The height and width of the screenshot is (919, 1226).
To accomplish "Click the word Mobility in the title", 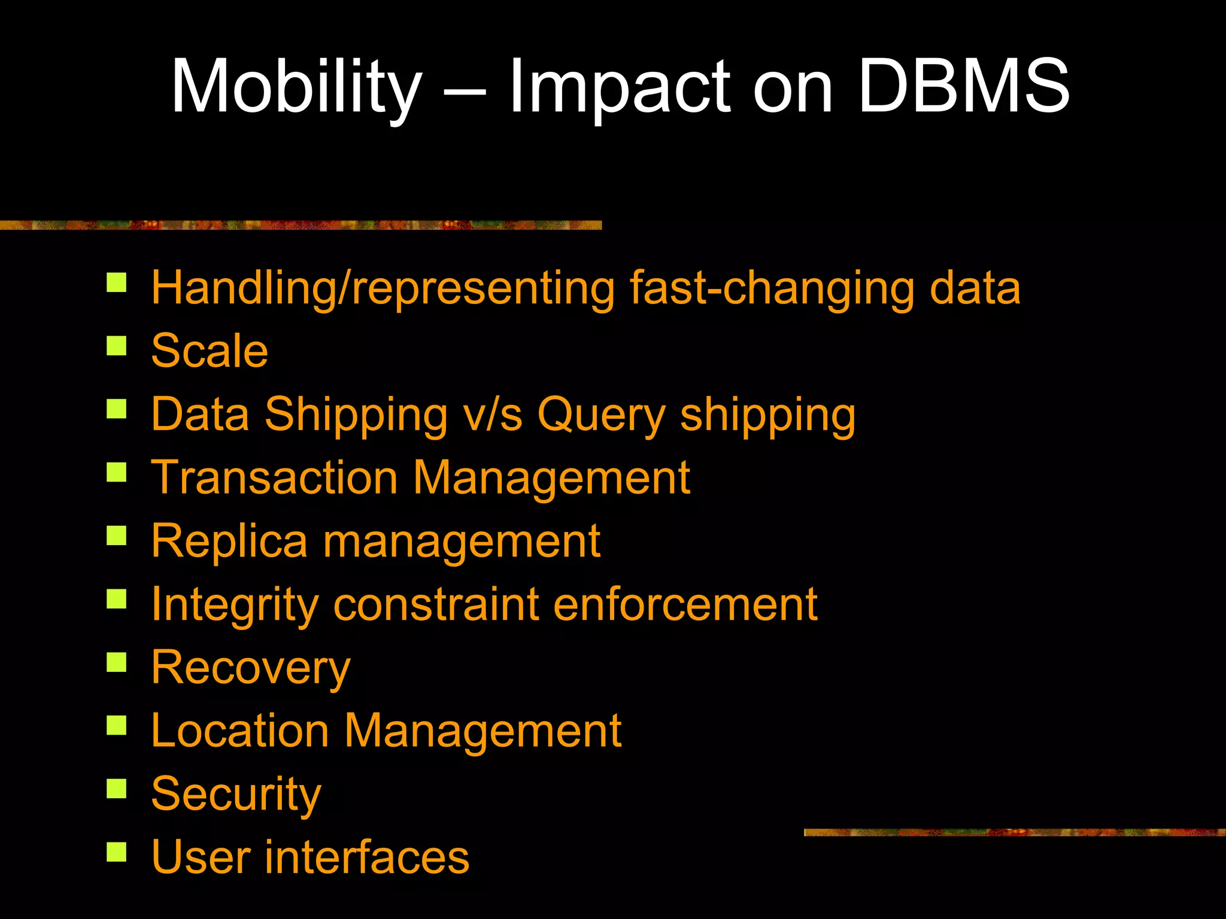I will click(x=297, y=87).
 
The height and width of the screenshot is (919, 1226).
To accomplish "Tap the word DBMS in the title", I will click(x=964, y=87).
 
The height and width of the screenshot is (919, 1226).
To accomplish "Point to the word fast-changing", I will click(x=772, y=289).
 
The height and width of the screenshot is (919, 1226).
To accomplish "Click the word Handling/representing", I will click(x=383, y=289).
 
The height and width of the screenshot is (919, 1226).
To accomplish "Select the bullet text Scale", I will click(x=210, y=351).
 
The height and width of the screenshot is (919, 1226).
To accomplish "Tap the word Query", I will click(x=601, y=415).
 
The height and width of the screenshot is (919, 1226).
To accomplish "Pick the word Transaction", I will click(x=274, y=478).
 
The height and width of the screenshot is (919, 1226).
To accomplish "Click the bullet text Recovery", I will click(x=251, y=668).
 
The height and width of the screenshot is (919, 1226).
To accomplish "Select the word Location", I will click(x=240, y=731).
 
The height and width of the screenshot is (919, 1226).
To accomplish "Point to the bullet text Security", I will click(x=236, y=795).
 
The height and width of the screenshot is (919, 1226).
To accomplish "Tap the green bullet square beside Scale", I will click(x=117, y=346).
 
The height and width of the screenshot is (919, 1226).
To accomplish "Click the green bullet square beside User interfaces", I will click(x=117, y=851).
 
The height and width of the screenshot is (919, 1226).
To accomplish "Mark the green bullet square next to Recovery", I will click(x=117, y=662).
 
